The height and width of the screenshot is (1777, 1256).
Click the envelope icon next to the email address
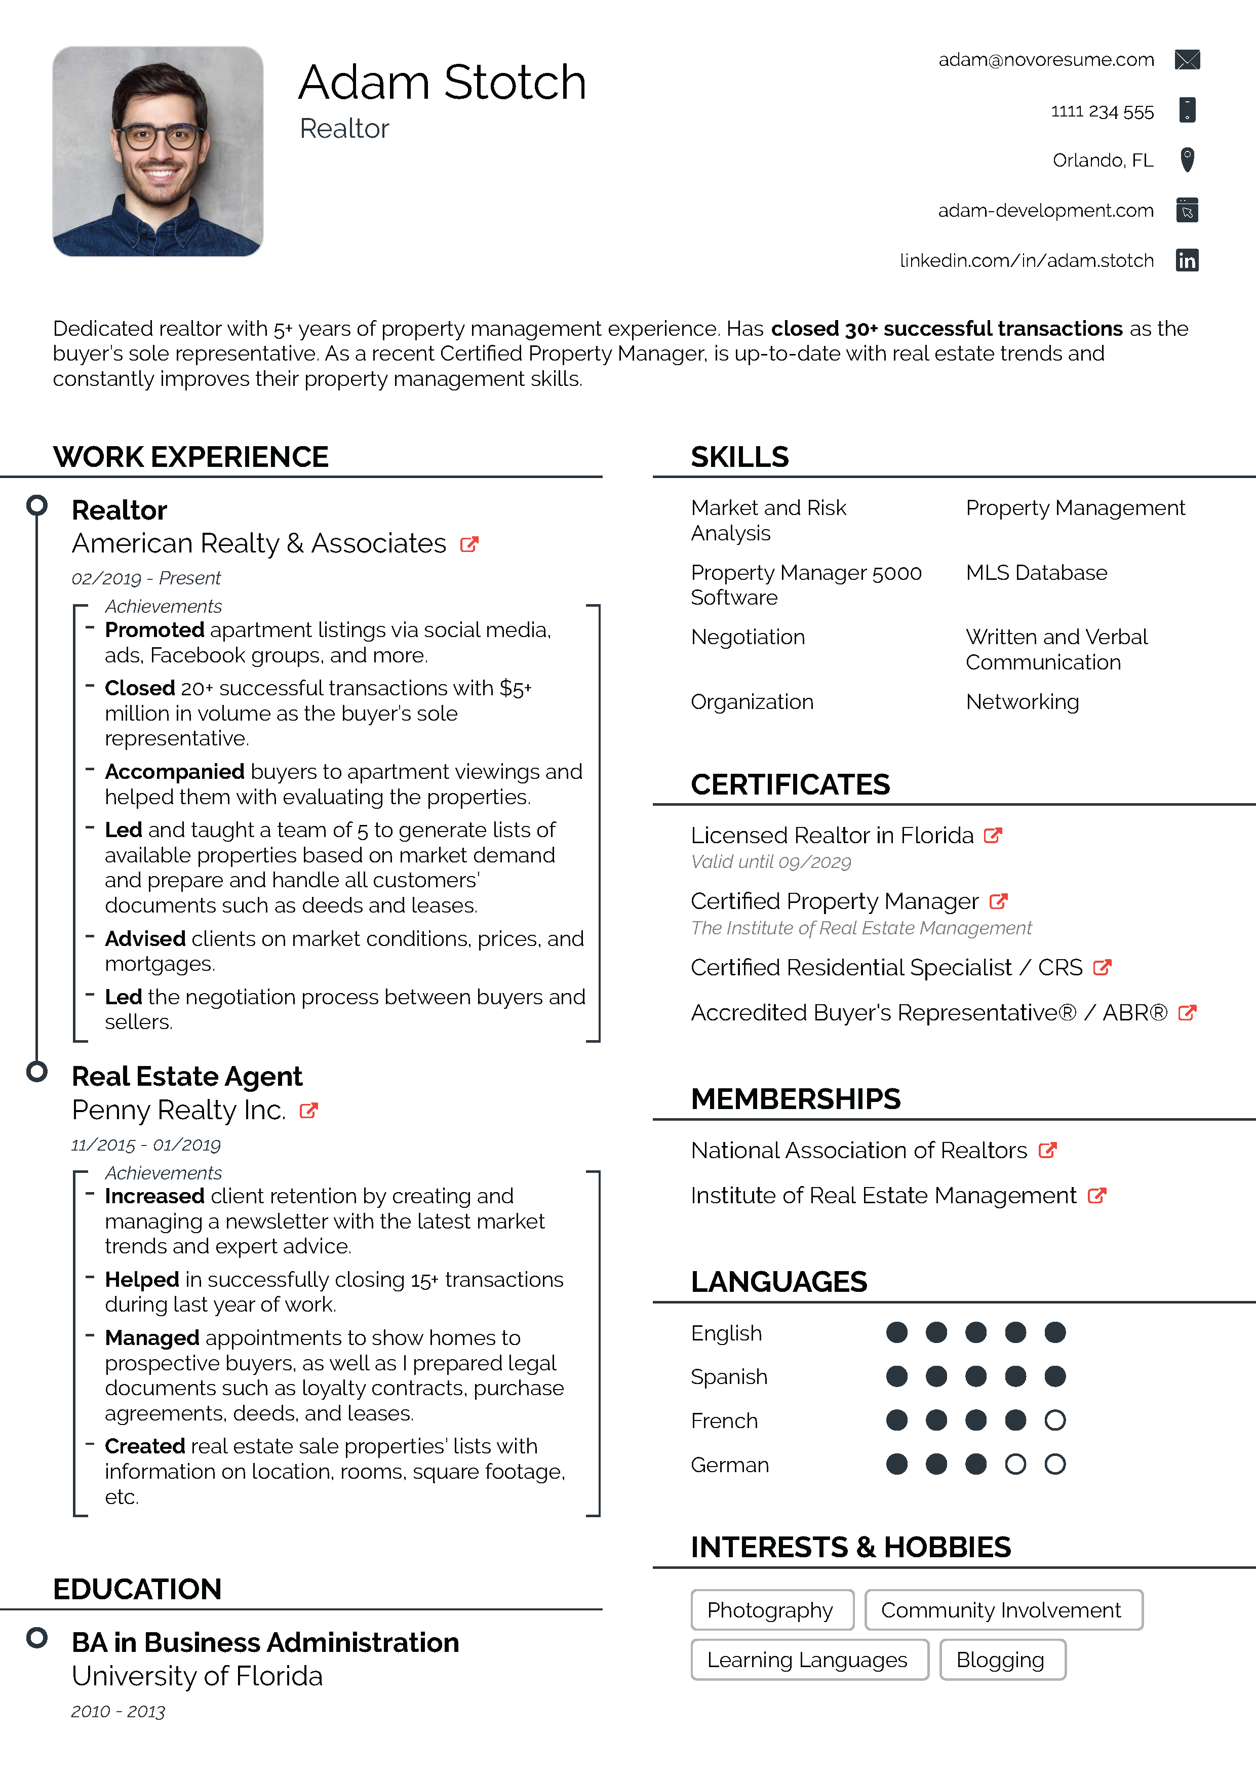click(1186, 60)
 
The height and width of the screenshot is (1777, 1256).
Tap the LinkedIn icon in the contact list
click(1186, 260)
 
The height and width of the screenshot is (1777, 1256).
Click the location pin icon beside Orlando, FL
click(1186, 160)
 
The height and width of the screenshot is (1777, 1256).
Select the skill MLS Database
click(1036, 573)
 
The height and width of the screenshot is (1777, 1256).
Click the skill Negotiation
click(748, 637)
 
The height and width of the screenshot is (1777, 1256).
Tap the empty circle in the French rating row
click(1055, 1420)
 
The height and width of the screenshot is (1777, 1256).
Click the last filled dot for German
click(976, 1465)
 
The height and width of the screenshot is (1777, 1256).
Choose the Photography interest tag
click(771, 1610)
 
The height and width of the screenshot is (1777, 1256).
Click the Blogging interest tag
click(1001, 1660)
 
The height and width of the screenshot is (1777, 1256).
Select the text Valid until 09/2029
click(771, 862)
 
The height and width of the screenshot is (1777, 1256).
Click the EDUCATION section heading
click(137, 1589)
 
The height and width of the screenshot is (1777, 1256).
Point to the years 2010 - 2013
click(117, 1711)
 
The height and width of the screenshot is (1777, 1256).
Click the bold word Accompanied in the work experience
click(174, 772)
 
